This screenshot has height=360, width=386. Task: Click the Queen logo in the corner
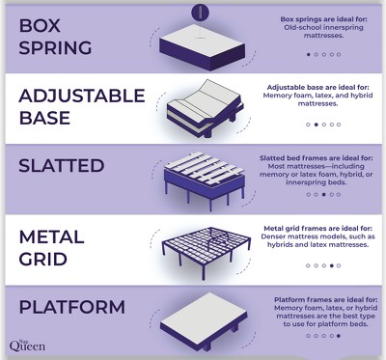[26, 345]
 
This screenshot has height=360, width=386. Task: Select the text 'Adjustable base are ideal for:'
[322, 87]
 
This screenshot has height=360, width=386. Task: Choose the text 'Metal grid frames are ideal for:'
[322, 229]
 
